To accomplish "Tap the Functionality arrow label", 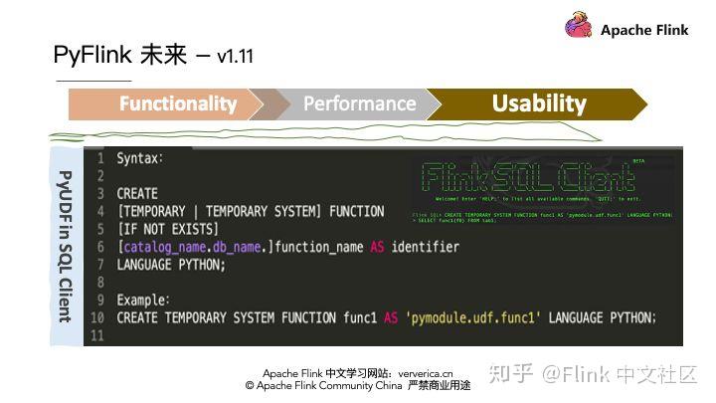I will tap(178, 103).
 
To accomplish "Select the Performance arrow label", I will tap(359, 103).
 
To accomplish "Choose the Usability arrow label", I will tap(539, 103).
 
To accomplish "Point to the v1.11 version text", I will tap(235, 57).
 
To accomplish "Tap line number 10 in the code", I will tap(96, 317).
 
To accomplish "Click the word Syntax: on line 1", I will tap(140, 158).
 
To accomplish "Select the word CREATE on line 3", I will tap(137, 193).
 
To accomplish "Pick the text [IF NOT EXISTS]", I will tap(167, 229).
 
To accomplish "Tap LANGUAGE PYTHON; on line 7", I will tap(171, 265).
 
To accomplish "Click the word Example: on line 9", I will tap(143, 300).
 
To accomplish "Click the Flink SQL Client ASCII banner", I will tap(527, 179).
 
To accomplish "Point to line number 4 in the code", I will tap(100, 211).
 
